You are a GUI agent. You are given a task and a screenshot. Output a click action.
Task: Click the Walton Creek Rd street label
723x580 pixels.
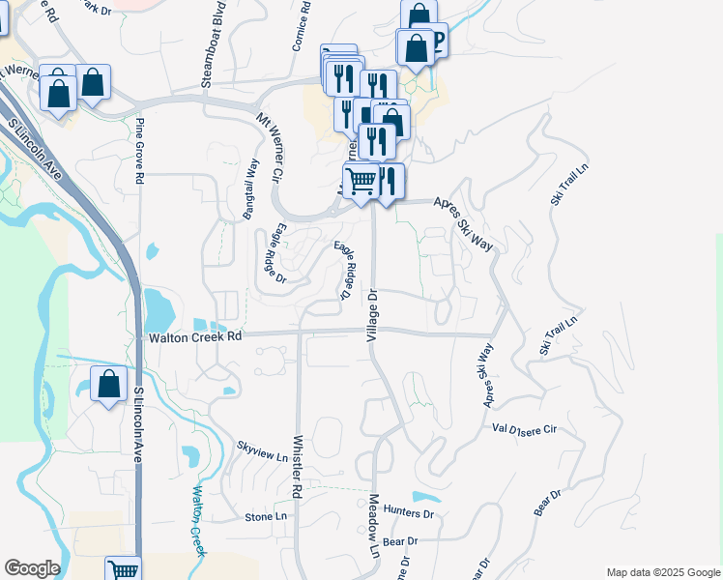tap(193, 337)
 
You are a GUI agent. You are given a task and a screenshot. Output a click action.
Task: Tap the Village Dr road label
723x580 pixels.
tap(371, 313)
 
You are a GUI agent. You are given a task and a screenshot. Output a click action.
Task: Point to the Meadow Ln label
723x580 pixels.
tap(374, 526)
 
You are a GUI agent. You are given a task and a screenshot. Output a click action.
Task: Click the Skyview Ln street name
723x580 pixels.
tap(262, 450)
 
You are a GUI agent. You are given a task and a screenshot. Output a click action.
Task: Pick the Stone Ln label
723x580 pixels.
tap(266, 517)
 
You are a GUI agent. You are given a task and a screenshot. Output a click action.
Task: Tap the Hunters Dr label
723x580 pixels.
tap(409, 512)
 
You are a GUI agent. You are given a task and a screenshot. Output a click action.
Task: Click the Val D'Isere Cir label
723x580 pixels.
tap(525, 427)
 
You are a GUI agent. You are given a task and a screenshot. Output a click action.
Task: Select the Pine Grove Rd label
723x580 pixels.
tap(140, 151)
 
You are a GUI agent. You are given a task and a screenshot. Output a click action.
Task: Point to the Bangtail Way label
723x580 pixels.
tap(251, 189)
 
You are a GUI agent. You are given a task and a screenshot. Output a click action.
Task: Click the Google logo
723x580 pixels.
tap(31, 568)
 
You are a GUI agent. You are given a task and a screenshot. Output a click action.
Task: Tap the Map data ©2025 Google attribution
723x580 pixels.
tap(663, 572)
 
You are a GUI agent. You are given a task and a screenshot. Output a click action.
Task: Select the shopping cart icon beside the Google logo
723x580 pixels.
tap(124, 569)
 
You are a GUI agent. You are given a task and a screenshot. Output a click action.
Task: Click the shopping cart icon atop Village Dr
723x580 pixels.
tap(361, 180)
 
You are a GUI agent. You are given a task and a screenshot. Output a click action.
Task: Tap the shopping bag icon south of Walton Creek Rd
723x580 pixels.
tap(109, 384)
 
